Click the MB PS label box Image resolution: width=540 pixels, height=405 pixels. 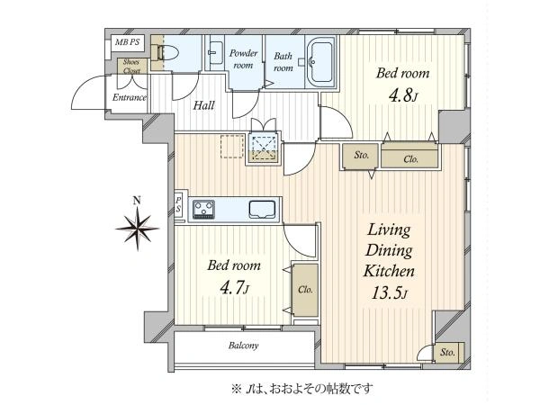[128, 42]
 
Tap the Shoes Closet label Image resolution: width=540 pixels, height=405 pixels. [131, 66]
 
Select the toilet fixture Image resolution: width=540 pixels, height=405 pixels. [168, 53]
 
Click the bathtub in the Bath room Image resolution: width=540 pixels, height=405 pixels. [320, 61]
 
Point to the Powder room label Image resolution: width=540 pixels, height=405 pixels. [244, 58]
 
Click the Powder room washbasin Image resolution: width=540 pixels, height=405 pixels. [215, 53]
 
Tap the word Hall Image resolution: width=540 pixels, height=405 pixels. [204, 105]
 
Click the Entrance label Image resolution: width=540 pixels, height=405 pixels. [129, 97]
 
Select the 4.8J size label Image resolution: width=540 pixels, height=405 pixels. [403, 95]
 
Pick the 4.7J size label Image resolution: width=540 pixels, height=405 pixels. [234, 288]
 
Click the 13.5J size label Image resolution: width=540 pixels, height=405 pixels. [390, 293]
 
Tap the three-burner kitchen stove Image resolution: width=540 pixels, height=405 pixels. [203, 209]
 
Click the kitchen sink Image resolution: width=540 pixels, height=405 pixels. [262, 210]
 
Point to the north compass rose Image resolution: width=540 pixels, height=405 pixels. [137, 228]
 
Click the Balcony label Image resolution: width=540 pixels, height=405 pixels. [244, 346]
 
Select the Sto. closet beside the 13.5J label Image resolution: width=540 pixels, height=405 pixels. [447, 352]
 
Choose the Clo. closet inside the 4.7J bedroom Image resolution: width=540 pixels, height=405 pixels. [305, 290]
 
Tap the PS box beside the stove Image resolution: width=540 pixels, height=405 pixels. [179, 204]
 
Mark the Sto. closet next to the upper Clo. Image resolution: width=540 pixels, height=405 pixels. [361, 156]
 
